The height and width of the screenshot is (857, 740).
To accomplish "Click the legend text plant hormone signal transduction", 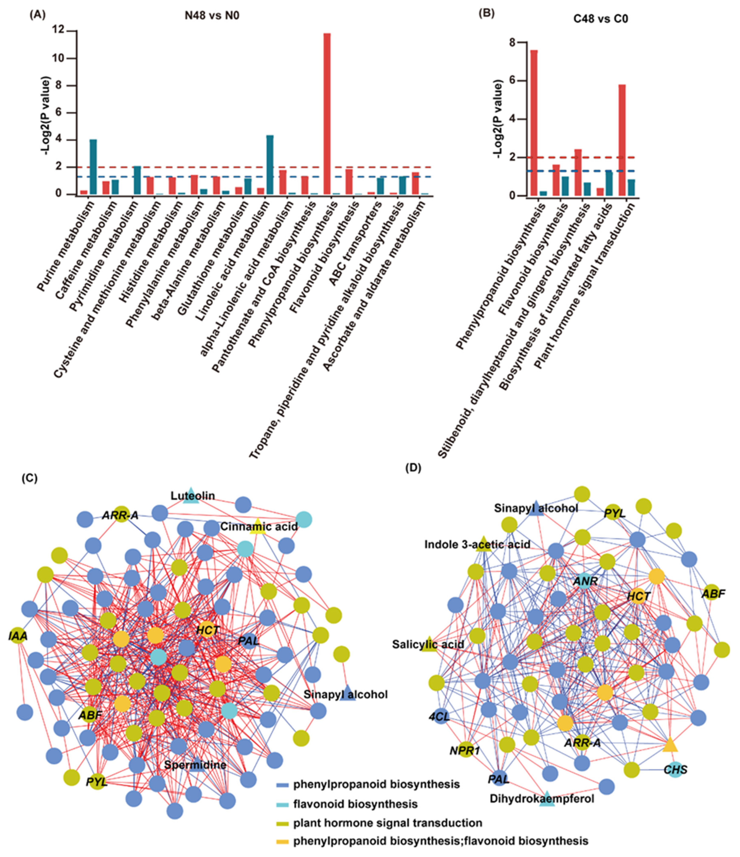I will pos(387,823).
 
